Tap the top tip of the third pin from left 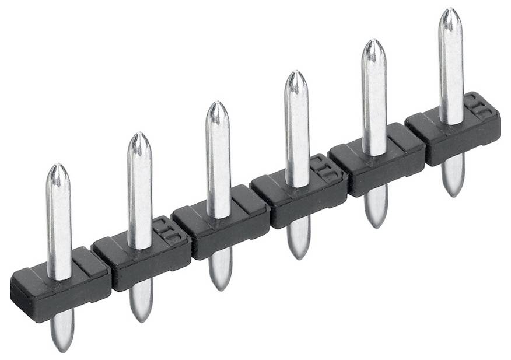click(217, 102)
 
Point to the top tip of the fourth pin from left click(296, 72)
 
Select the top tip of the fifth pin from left click(373, 40)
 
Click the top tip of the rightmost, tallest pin click(450, 9)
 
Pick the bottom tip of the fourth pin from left click(299, 258)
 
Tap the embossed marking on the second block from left click(166, 231)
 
